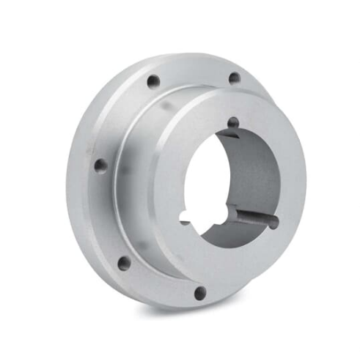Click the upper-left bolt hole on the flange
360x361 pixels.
click(x=153, y=82)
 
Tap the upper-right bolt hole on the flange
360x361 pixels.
click(x=233, y=78)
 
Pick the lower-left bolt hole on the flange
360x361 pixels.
click(x=124, y=262)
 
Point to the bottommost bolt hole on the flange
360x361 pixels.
click(x=199, y=294)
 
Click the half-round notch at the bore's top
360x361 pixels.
click(x=232, y=123)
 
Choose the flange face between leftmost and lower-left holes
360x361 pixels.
click(x=106, y=216)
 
